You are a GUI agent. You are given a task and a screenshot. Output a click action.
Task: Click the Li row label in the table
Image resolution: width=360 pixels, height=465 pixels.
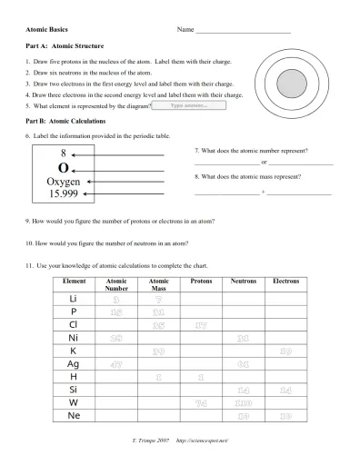[x=73, y=299]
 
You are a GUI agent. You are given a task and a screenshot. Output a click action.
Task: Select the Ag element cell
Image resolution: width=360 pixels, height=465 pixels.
[x=73, y=363]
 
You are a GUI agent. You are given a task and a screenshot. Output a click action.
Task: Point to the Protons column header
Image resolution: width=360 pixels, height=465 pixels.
[x=201, y=282]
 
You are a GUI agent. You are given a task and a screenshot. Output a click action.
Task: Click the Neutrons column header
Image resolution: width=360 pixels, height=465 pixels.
[x=244, y=282]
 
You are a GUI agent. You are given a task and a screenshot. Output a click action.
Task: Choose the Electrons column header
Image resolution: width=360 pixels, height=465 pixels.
[x=285, y=282]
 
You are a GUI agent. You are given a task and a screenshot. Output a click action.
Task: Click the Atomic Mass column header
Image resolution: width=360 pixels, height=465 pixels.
[x=158, y=285]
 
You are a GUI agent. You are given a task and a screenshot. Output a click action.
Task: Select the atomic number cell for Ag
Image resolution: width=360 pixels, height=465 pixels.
[x=116, y=363]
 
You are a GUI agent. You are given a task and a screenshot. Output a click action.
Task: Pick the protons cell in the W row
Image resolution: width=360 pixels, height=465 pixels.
[x=201, y=402]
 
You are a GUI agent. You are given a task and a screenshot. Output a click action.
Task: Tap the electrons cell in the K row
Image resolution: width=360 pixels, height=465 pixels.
[x=285, y=351]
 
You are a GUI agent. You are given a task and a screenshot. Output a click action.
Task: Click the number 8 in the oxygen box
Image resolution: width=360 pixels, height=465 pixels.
[x=64, y=153]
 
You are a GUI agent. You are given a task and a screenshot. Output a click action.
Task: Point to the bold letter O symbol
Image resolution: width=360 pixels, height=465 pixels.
[x=63, y=167]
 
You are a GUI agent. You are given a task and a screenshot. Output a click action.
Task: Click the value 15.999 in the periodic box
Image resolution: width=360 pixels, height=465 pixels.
[x=63, y=194]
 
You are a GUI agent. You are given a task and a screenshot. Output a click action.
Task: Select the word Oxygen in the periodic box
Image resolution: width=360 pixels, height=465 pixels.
[x=63, y=182]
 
